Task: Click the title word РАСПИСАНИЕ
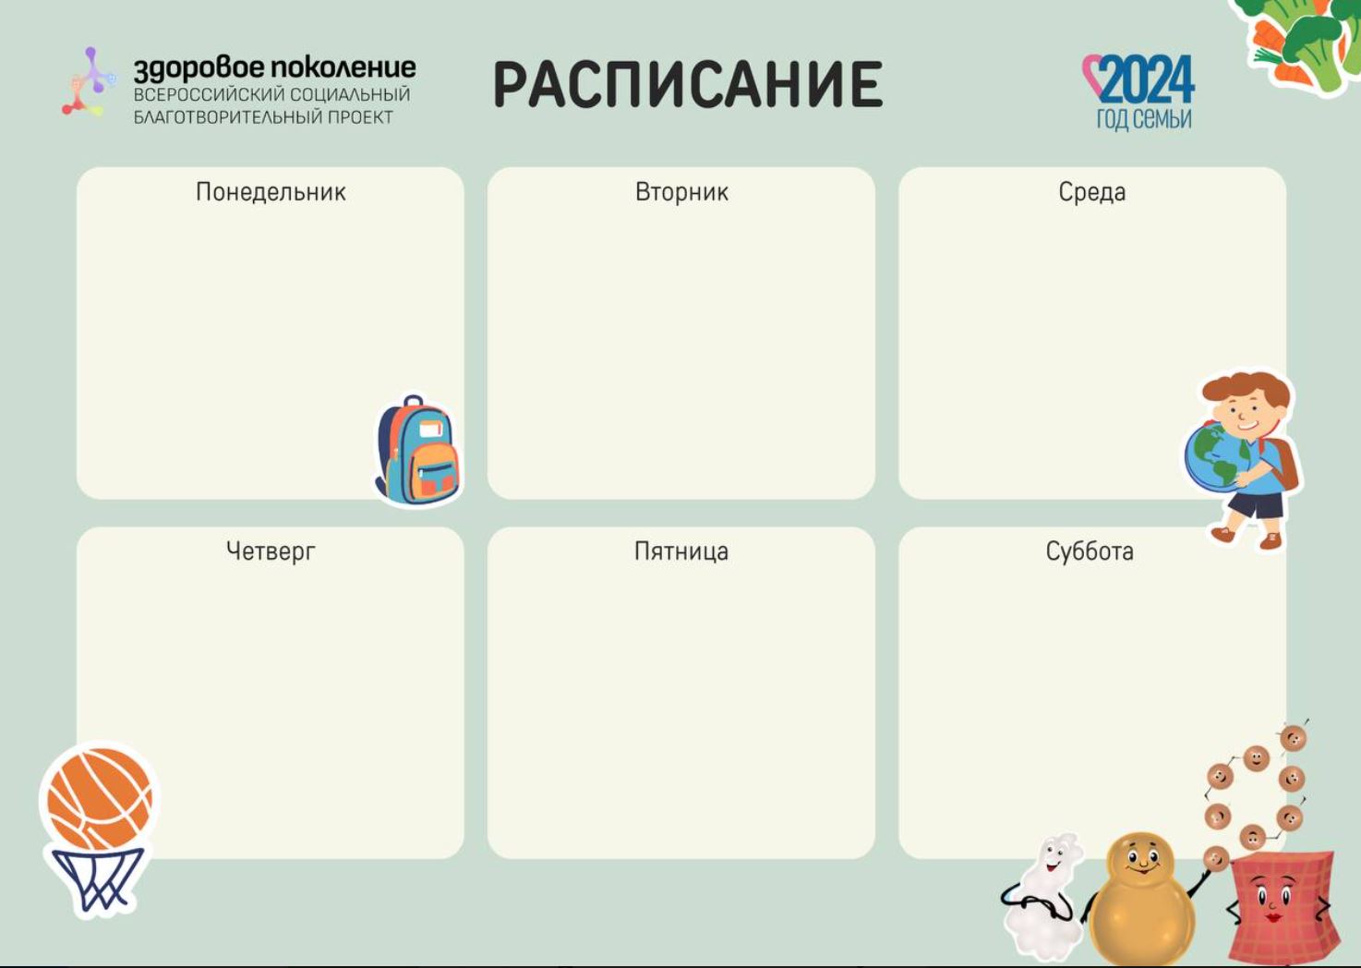point(688,84)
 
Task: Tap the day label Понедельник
point(271,192)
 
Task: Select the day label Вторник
point(681,192)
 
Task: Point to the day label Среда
point(1091,192)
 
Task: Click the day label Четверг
point(271,551)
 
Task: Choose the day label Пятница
point(681,551)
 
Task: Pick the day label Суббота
point(1090,551)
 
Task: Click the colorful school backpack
point(418,450)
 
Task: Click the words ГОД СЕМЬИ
point(1144,118)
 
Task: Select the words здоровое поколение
point(274,68)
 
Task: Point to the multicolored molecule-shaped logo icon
point(89,81)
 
